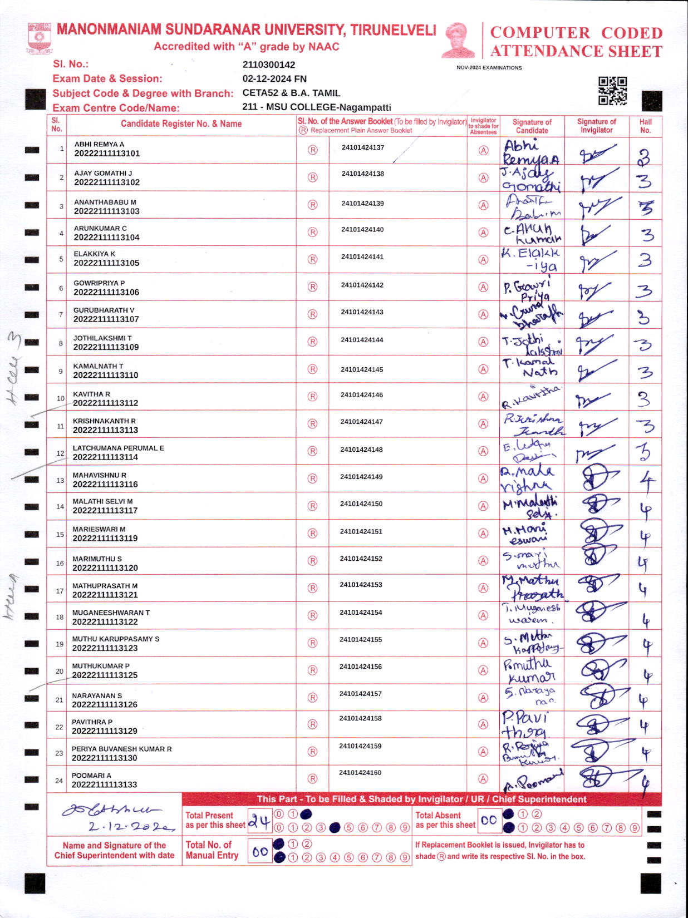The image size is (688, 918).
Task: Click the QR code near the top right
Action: (x=612, y=91)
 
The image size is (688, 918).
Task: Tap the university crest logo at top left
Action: (x=40, y=38)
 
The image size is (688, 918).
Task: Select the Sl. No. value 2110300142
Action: (x=269, y=65)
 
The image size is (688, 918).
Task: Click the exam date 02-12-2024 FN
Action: (x=274, y=79)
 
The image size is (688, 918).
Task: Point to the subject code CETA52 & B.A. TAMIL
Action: (x=291, y=93)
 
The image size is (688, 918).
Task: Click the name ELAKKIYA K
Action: (x=95, y=254)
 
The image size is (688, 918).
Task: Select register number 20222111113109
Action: (x=106, y=347)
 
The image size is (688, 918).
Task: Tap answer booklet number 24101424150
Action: (x=361, y=504)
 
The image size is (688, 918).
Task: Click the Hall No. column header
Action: (x=645, y=126)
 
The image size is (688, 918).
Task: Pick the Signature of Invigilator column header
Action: (x=596, y=126)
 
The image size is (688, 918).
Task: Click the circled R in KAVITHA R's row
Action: (x=313, y=397)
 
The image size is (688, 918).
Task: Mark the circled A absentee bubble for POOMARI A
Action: (x=483, y=779)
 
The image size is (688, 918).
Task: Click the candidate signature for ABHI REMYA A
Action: (x=531, y=152)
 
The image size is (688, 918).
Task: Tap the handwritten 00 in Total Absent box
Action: (x=489, y=820)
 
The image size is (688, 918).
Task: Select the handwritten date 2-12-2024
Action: (x=124, y=827)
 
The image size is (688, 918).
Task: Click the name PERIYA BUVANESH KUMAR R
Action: (x=121, y=749)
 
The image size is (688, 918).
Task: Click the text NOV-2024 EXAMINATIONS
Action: (x=489, y=68)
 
